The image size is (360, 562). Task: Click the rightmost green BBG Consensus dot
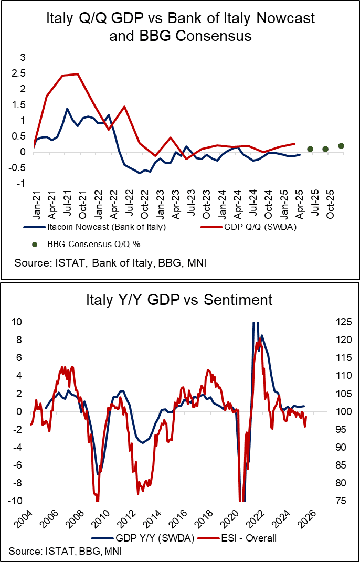point(341,146)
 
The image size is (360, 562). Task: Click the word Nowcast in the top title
point(283,18)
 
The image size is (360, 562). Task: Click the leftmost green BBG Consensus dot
point(310,149)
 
